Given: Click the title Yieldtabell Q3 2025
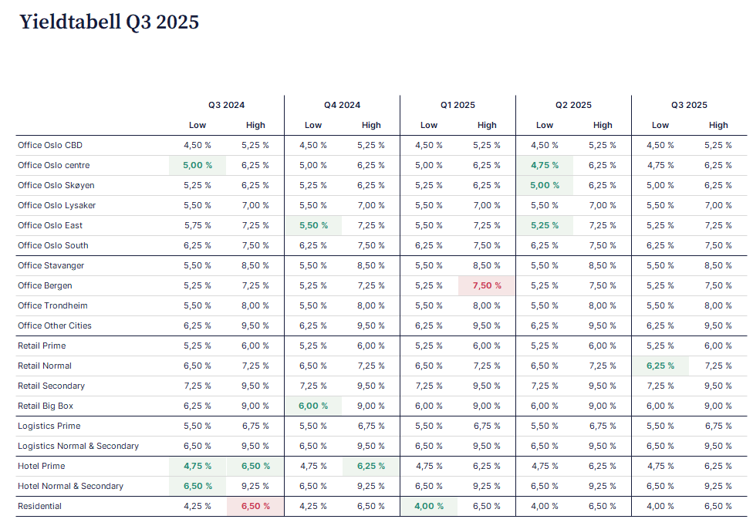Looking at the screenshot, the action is point(109,22).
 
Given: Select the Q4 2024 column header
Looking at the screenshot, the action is point(342,105).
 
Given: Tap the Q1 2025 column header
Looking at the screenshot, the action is point(458,105).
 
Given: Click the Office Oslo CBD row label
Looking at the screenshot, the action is point(50,145).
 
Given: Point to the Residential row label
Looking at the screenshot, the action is point(40,506).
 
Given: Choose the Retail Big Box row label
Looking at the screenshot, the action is point(46,406).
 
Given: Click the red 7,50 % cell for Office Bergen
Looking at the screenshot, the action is point(487,285).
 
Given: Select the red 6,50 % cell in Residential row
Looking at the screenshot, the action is point(255,506).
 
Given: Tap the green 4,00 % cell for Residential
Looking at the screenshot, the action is point(429,506).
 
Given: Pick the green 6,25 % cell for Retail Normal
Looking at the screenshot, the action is point(660,366).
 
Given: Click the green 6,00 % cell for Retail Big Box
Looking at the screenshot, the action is point(313,406).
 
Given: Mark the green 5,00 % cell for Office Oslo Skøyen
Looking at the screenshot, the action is point(545,185).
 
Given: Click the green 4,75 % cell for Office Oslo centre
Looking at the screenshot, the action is point(545,165).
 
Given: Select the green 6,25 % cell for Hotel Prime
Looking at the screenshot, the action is point(371,466).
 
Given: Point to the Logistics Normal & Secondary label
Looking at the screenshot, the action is point(78,446).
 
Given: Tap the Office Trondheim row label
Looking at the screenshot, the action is point(52,305).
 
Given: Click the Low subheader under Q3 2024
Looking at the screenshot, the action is point(198,125).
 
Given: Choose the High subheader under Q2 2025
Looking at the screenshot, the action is point(603,125).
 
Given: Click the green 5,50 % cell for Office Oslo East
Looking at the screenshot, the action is point(313,225).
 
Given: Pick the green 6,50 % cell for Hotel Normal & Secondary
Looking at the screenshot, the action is point(198,486).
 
